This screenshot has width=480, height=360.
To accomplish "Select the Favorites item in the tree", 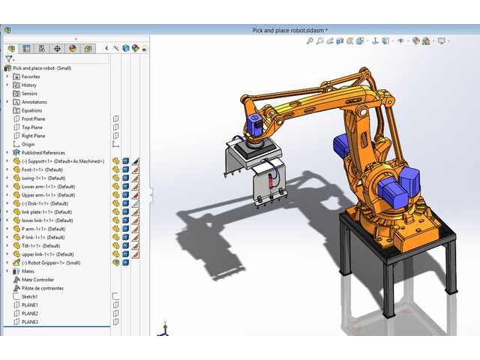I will tap(31, 76).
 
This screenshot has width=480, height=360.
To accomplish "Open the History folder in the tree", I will tap(29, 85).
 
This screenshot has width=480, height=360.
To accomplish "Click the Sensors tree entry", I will tap(30, 94).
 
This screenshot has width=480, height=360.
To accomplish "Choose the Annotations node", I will tap(34, 102).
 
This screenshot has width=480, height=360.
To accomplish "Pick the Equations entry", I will tap(31, 110).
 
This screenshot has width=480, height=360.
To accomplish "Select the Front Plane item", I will tap(33, 118).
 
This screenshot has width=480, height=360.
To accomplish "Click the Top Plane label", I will tap(31, 127).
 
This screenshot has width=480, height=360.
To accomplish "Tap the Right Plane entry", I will tap(33, 136).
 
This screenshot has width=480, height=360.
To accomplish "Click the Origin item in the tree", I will tap(28, 144).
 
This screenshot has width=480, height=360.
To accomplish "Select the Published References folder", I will tap(43, 152).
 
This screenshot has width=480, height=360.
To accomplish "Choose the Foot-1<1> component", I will tap(42, 169).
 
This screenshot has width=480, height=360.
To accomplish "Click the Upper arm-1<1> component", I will tap(48, 195).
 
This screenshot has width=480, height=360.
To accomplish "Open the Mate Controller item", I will tap(37, 280).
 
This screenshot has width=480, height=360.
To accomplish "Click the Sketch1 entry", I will tap(29, 296).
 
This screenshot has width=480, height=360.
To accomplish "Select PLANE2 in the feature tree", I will tap(30, 313).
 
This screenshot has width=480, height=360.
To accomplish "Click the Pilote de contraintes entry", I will tap(42, 288).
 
